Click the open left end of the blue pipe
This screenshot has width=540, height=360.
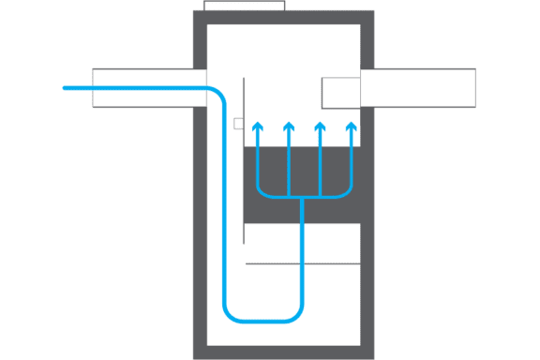coord(65,88)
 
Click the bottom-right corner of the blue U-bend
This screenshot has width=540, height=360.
coord(297,315)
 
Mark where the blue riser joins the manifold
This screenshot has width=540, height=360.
coord(303,198)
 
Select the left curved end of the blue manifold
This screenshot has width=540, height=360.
coord(261,192)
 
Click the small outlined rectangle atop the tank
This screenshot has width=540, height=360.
coord(245,5)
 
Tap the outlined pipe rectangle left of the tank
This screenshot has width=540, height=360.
coord(145,88)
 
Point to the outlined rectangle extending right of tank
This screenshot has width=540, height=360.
coord(422,88)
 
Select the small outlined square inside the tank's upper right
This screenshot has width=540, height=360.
coord(341,93)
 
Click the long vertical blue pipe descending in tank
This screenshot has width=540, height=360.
coord(225,206)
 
